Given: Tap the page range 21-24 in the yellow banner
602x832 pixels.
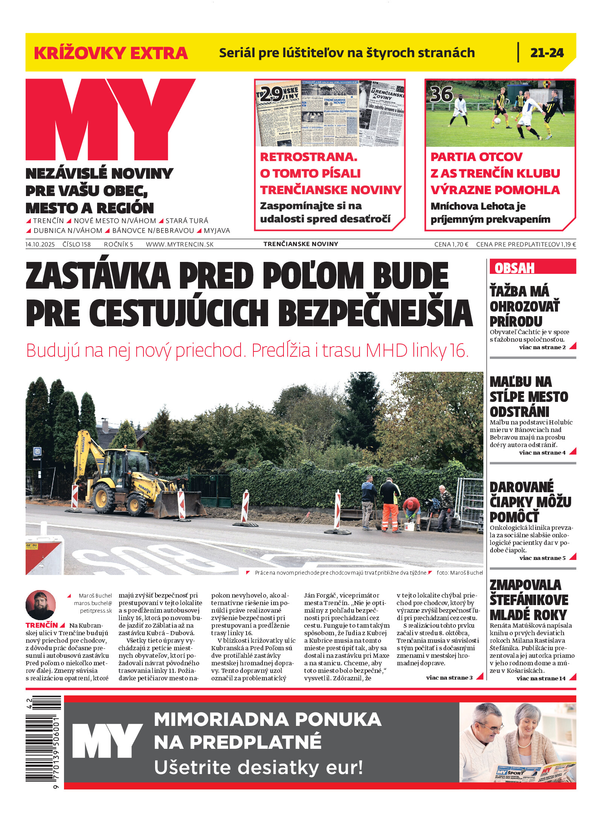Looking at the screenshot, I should pos(547,53).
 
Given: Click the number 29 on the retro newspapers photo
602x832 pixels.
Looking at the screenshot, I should pos(271,94).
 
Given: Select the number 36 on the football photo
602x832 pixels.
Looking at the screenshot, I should pos(442,94).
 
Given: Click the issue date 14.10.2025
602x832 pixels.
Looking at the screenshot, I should pos(40,244).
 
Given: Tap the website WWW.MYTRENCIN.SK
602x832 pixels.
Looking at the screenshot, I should pos(180,244).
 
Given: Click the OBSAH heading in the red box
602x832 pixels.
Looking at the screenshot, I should pos(514,268).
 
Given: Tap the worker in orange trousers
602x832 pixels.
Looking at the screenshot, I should pos(390,504).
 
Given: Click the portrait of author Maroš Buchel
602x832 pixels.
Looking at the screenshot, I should pos(41,605).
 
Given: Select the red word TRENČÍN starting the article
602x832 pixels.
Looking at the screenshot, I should pos(42,625).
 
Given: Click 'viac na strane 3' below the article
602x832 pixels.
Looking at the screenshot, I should pos(449,678).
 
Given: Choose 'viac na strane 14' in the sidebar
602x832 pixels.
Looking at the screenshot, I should pos(541,678).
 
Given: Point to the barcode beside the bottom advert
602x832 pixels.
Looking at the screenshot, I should pos(43,744).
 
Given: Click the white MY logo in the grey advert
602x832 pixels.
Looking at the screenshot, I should pos(107,741).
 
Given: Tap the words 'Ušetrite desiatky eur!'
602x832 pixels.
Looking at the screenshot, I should pos(258,767).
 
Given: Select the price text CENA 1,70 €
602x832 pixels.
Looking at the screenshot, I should pos(451,244).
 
